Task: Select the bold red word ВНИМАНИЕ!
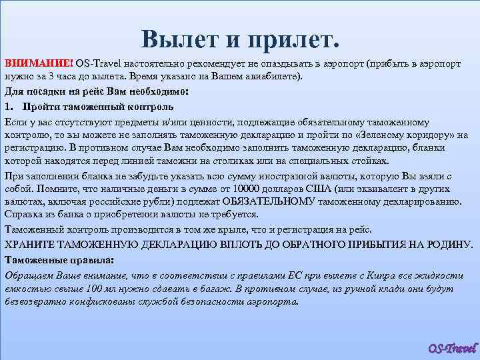point(38,63)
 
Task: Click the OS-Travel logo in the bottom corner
point(452,348)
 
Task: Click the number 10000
point(263,188)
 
